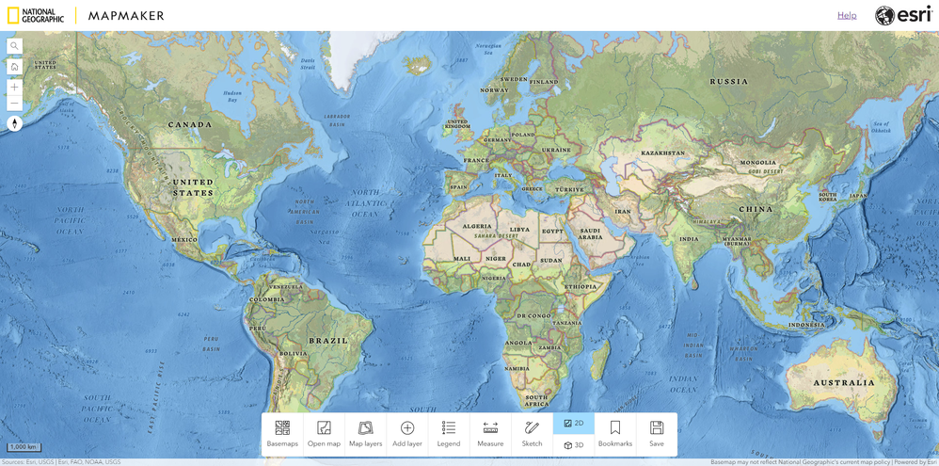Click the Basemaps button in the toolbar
pyautogui.click(x=282, y=434)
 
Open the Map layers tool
pyautogui.click(x=365, y=434)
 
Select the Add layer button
pyautogui.click(x=407, y=434)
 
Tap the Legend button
pyautogui.click(x=449, y=434)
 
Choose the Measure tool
pyautogui.click(x=490, y=434)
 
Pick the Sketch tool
pyautogui.click(x=532, y=434)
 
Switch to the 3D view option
pyautogui.click(x=574, y=445)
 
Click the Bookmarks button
pyautogui.click(x=615, y=434)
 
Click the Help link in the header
pyautogui.click(x=847, y=15)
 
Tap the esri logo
pyautogui.click(x=903, y=15)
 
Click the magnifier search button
pyautogui.click(x=14, y=46)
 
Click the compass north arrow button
pyautogui.click(x=14, y=123)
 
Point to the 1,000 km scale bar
pyautogui.click(x=24, y=447)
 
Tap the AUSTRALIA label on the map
pyautogui.click(x=844, y=383)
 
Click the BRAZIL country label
pyautogui.click(x=328, y=341)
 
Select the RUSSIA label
pyautogui.click(x=729, y=82)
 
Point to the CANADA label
pyautogui.click(x=189, y=125)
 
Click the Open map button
pyautogui.click(x=324, y=434)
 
